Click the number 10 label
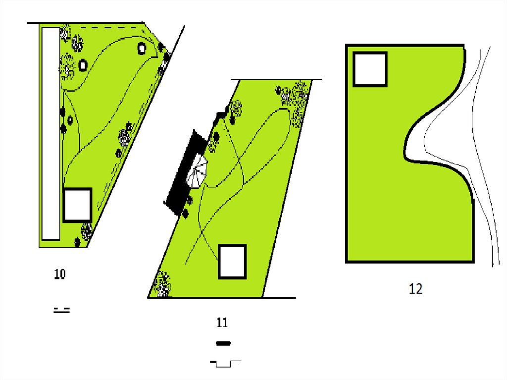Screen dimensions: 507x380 tap(60, 274)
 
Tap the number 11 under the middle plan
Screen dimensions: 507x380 tap(222, 323)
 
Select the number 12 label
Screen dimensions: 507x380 tap(415, 289)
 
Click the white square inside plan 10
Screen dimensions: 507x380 tap(77, 205)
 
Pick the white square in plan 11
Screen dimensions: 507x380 tap(232, 262)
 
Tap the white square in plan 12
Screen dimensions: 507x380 tap(370, 69)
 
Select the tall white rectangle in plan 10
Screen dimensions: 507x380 tap(51, 134)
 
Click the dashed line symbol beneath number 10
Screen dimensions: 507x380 tap(61, 310)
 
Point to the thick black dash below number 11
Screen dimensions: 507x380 tap(223, 343)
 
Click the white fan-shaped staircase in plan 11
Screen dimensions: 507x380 tap(197, 171)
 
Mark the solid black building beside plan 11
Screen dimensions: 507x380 tap(186, 171)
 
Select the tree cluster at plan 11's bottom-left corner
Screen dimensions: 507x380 tap(162, 285)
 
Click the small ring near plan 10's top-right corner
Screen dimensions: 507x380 tap(142, 49)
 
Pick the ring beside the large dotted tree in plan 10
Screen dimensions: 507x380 tap(83, 65)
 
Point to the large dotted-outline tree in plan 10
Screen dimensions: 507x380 tap(67, 66)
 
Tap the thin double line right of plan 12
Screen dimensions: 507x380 tap(472, 156)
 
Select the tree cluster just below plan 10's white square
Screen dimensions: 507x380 tap(87, 231)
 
